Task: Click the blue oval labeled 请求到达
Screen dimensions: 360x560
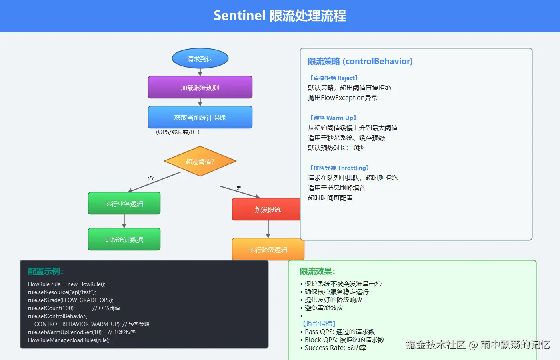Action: (200, 59)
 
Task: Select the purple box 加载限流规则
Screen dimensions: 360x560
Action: (200, 87)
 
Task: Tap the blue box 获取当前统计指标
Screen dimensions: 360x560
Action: (200, 117)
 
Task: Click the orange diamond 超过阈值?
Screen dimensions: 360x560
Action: (200, 161)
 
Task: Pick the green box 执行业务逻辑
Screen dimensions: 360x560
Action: (124, 203)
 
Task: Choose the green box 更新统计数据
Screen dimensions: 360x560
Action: (124, 239)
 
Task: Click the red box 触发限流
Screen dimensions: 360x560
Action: (266, 209)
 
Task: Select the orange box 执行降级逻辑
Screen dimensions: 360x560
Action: (268, 249)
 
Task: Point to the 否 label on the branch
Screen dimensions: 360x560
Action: (151, 178)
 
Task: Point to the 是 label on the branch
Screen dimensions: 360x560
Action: (239, 188)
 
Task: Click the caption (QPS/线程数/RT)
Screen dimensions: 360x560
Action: (178, 132)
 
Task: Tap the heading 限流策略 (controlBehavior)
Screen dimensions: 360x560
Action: (360, 61)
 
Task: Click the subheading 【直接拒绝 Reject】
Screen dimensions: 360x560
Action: (334, 78)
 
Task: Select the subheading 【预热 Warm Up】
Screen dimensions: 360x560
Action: (333, 118)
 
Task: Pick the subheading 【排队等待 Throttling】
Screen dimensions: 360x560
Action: (339, 168)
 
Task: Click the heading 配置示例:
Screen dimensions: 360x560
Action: (46, 271)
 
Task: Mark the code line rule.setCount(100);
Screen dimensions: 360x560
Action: (51, 308)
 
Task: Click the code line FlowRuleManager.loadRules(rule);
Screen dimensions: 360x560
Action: (69, 340)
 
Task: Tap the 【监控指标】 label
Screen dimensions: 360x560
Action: (319, 324)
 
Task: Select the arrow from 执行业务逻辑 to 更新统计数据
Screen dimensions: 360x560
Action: (124, 221)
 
